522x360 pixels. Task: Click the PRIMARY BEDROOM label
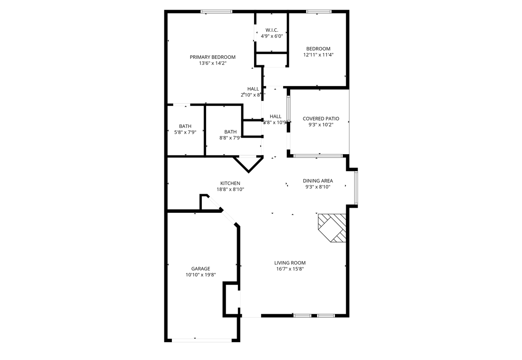(x=212, y=57)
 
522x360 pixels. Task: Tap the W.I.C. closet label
(x=272, y=30)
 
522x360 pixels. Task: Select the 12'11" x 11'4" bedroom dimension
(x=318, y=55)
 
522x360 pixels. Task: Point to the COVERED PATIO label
(x=321, y=118)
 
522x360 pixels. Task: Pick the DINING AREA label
(x=318, y=181)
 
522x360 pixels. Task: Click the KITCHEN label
(x=230, y=183)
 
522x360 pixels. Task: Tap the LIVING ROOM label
(x=290, y=262)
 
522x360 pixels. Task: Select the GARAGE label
(x=201, y=269)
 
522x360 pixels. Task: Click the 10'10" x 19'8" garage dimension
(x=201, y=275)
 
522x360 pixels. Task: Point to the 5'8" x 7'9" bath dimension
(x=185, y=132)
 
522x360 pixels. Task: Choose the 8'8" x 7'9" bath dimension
(x=230, y=138)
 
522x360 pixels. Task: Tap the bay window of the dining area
(x=356, y=188)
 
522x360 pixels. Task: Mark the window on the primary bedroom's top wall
(x=216, y=12)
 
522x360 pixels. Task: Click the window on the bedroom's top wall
(x=319, y=12)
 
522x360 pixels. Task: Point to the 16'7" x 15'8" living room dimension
(x=290, y=269)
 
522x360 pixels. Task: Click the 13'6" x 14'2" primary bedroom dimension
(x=212, y=63)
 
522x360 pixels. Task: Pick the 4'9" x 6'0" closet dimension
(x=272, y=36)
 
